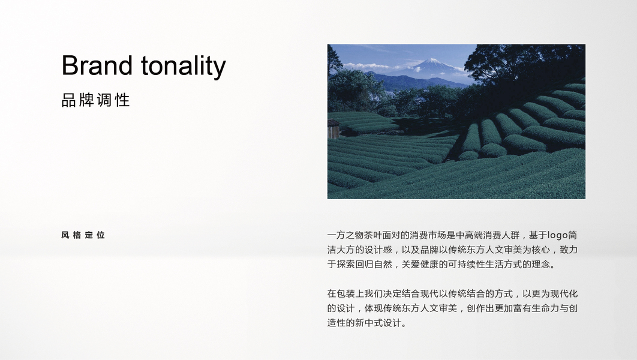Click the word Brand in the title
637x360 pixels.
(97, 65)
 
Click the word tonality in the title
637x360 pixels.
(183, 67)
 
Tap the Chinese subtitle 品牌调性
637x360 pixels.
(95, 100)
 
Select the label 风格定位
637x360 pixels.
(83, 235)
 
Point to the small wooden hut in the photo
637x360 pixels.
(333, 128)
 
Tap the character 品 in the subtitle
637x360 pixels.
(68, 100)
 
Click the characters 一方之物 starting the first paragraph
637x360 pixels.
(345, 235)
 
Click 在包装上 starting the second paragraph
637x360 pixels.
(345, 294)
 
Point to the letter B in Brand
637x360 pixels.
(70, 65)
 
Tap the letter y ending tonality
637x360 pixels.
(220, 70)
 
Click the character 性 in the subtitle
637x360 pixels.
(123, 100)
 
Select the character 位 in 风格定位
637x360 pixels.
(101, 235)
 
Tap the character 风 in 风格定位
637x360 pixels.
(65, 235)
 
